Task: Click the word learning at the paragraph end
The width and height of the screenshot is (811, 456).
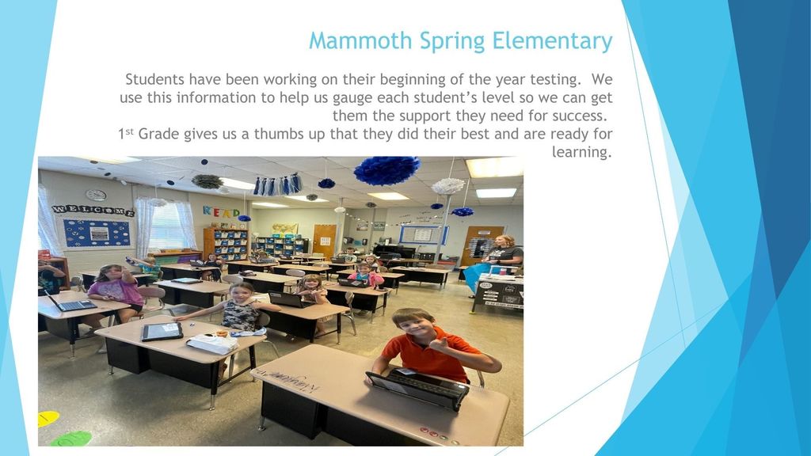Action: click(x=582, y=153)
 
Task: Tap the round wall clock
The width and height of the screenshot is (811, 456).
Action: click(x=96, y=195)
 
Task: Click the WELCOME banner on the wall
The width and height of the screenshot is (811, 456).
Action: click(x=93, y=211)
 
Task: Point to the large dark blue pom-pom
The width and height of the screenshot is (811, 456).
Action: click(x=386, y=171)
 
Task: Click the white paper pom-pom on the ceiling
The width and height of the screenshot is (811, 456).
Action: click(x=448, y=186)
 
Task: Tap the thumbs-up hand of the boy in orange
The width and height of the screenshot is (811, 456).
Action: click(x=440, y=344)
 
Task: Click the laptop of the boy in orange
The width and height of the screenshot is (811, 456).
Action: click(x=417, y=389)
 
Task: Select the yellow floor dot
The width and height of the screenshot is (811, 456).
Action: click(x=47, y=418)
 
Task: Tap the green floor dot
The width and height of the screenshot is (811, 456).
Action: click(x=70, y=439)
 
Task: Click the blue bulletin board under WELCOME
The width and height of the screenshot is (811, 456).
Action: click(x=96, y=234)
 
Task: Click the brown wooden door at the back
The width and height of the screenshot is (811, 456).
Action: click(x=324, y=240)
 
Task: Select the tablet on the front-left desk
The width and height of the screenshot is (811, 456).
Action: click(x=162, y=332)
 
